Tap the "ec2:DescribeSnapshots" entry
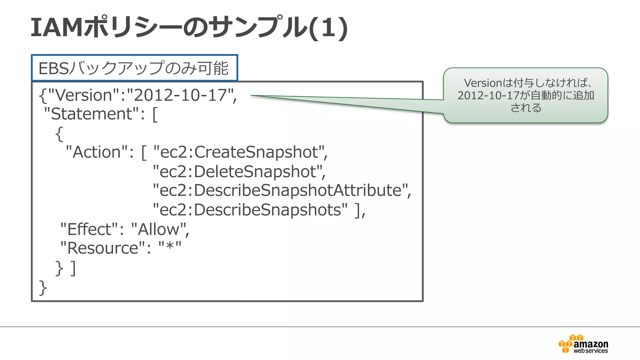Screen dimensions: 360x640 click(x=250, y=210)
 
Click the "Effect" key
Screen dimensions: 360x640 click(x=89, y=229)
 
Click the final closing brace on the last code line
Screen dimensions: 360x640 click(x=42, y=288)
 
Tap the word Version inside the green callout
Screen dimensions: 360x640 click(x=482, y=83)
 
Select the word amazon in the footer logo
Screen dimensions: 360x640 click(x=591, y=344)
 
